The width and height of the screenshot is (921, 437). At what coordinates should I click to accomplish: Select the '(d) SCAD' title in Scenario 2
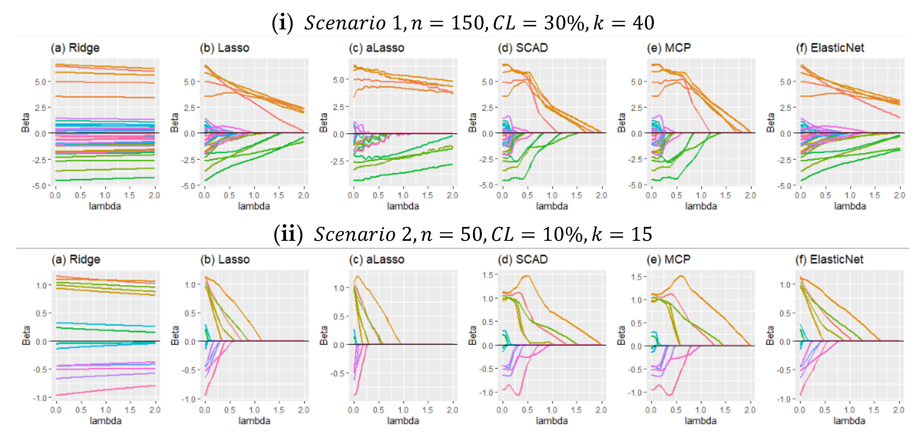(x=522, y=259)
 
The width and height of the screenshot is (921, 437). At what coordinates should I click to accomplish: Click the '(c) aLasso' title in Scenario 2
(x=376, y=259)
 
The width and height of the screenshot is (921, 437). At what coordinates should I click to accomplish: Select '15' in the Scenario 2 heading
(x=642, y=234)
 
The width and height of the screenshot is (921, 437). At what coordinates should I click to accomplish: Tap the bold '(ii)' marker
(x=288, y=234)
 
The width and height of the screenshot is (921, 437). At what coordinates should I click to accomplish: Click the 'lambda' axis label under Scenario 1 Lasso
(x=254, y=206)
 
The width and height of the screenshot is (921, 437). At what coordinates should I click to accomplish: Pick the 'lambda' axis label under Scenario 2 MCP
(x=700, y=421)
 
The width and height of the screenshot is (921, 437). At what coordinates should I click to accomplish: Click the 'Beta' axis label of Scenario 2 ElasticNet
(x=770, y=335)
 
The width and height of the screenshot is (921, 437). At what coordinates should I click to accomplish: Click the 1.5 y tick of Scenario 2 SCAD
(x=488, y=275)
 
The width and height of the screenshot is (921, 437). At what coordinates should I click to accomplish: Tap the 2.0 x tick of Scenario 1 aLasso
(x=452, y=195)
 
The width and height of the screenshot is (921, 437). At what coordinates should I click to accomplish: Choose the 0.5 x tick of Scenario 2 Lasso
(x=229, y=410)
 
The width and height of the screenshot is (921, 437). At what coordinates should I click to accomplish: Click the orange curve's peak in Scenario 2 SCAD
(x=527, y=276)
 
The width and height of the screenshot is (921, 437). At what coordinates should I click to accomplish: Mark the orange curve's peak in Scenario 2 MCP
(x=681, y=276)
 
